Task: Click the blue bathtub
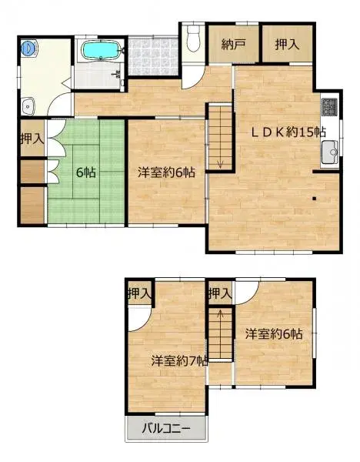pyautogui.click(x=100, y=51)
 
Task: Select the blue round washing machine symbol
pyautogui.click(x=28, y=47)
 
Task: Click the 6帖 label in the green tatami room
pyautogui.click(x=85, y=172)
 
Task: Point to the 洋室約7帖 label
pyautogui.click(x=178, y=360)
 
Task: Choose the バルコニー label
pyautogui.click(x=166, y=429)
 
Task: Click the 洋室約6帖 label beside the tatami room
pyautogui.click(x=165, y=172)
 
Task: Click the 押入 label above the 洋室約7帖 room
pyautogui.click(x=140, y=293)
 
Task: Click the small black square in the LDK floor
pyautogui.click(x=315, y=199)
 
